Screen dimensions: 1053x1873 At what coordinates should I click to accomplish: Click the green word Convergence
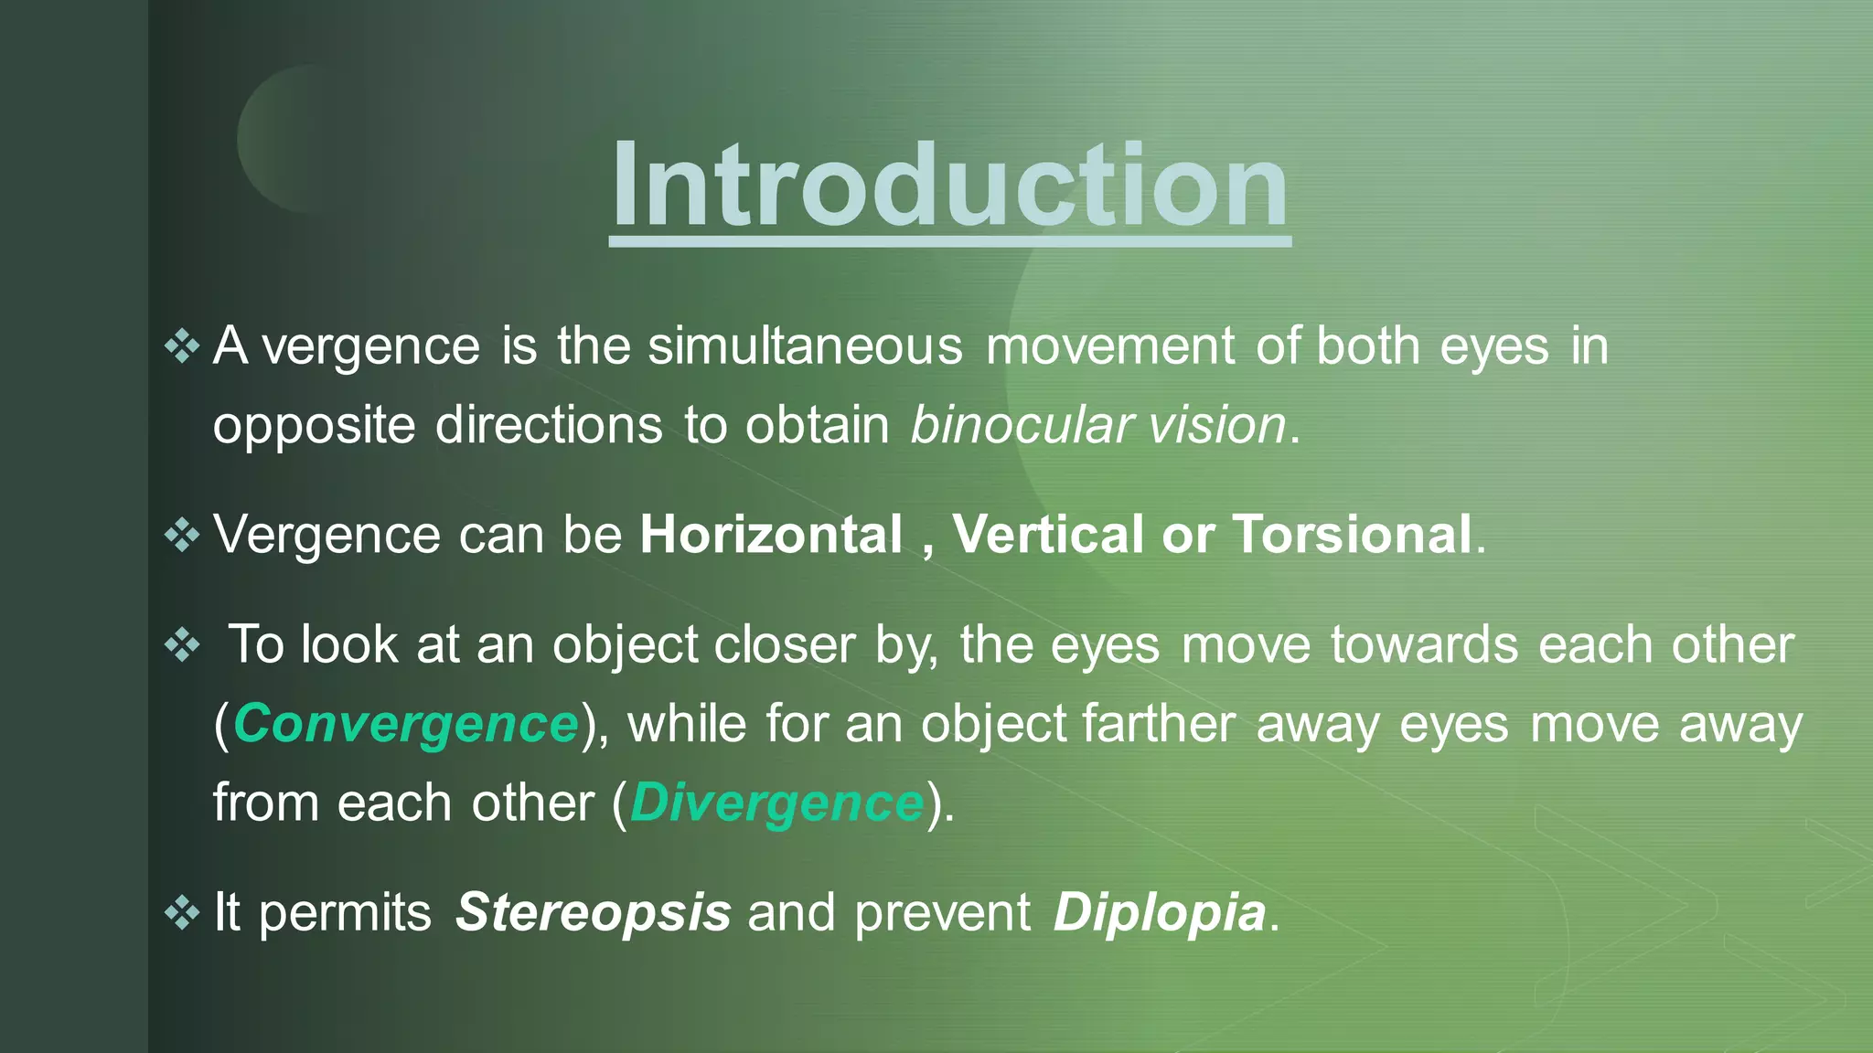(x=406, y=725)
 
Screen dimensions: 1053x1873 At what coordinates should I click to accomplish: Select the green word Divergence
(x=776, y=803)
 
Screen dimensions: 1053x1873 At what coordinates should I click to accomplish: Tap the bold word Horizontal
(x=771, y=535)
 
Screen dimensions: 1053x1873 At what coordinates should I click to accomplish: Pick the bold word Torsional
(x=1352, y=535)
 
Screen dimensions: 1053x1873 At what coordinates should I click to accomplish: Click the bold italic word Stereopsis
(x=593, y=912)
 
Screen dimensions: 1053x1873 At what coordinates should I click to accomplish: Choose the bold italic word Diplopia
(x=1159, y=912)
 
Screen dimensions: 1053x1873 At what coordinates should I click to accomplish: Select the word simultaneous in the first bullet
(x=805, y=346)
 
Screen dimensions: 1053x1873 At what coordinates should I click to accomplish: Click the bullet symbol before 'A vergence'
(x=182, y=346)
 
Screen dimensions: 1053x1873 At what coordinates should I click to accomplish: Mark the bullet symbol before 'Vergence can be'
(x=182, y=535)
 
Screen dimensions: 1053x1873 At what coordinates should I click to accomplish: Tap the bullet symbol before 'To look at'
(x=182, y=645)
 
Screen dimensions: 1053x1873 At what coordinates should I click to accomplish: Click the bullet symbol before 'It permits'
(x=182, y=912)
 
